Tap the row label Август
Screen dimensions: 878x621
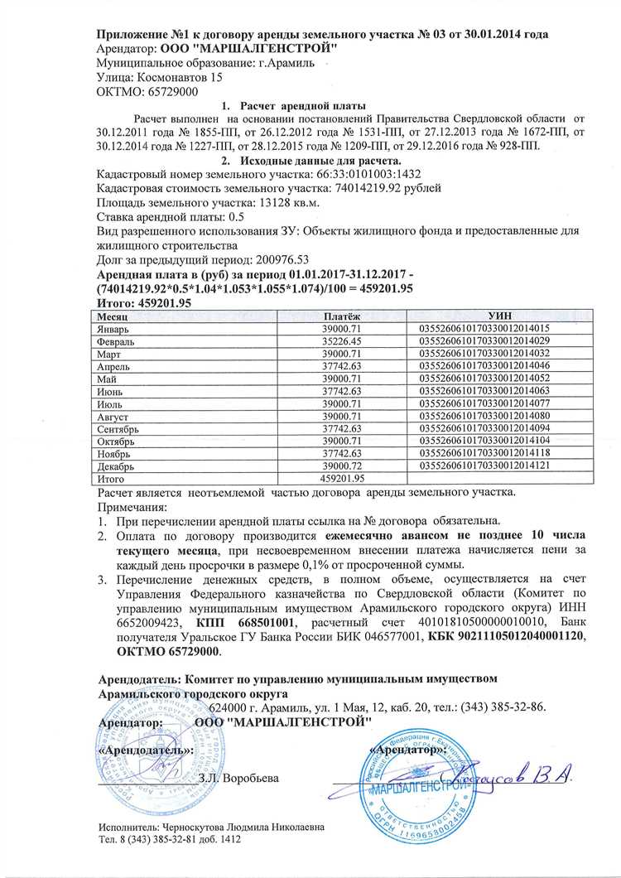coord(114,416)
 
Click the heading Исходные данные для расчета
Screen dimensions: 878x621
coord(310,161)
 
